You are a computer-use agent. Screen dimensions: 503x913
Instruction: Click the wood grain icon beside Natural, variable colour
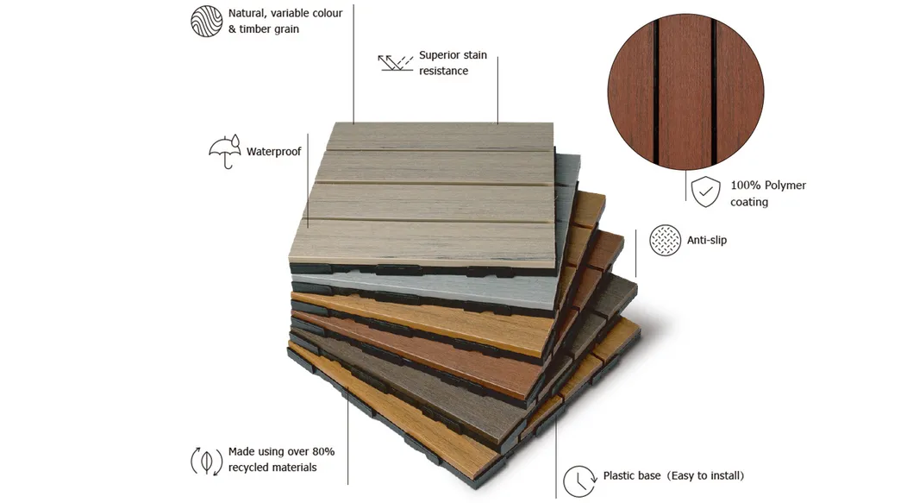tap(206, 21)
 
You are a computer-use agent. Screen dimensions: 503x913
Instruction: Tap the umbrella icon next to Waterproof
tap(224, 153)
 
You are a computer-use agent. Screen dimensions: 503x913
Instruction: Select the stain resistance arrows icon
tap(396, 63)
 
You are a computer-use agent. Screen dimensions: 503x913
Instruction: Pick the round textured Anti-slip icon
tap(664, 240)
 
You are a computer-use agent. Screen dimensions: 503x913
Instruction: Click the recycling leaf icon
tap(206, 460)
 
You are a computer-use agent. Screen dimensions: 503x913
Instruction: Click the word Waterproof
tap(274, 152)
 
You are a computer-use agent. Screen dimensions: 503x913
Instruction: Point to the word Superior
tap(441, 55)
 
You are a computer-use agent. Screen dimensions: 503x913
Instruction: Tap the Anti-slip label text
tap(707, 240)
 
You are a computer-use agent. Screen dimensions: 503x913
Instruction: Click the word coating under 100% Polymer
tap(749, 202)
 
